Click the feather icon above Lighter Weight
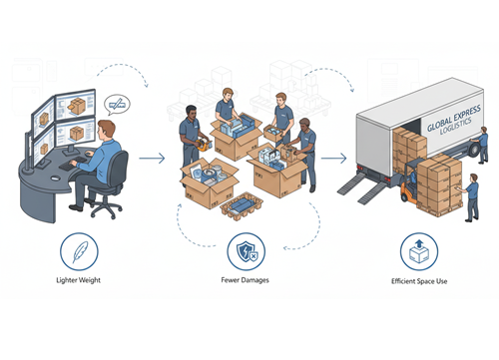point(79,251)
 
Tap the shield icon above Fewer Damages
point(247,251)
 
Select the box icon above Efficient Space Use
point(419,251)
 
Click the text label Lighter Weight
point(78,280)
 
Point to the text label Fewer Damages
point(245,280)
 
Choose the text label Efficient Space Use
point(419,281)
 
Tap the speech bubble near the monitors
point(117,105)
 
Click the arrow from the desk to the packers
point(152,159)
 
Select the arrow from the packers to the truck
point(333,158)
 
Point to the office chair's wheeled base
point(106,208)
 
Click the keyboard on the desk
point(73,163)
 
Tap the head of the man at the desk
point(107,130)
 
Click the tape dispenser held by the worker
point(204,145)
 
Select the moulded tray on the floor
point(242,206)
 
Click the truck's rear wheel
point(474,149)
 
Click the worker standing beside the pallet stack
point(470,197)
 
